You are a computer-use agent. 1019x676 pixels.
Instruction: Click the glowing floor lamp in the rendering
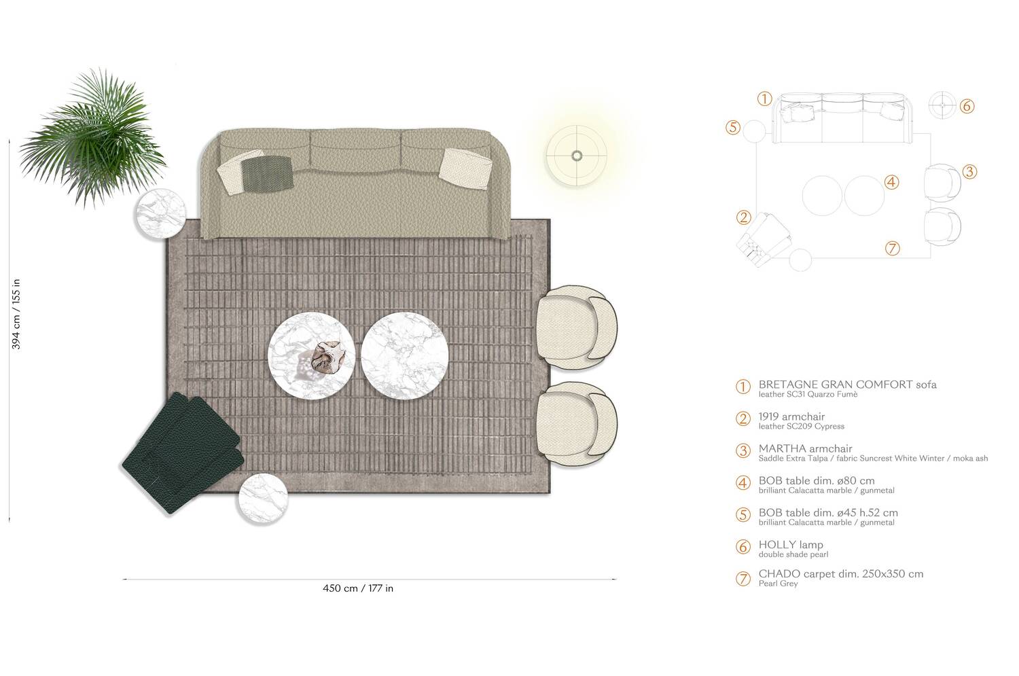tap(577, 156)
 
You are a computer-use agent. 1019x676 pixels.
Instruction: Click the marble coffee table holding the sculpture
tap(312, 352)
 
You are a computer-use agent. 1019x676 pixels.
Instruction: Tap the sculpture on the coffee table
tap(328, 356)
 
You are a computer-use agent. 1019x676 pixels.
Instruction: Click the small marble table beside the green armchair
tap(262, 499)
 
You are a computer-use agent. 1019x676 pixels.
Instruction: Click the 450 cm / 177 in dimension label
tap(358, 588)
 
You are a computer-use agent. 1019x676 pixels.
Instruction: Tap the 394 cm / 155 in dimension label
tap(17, 314)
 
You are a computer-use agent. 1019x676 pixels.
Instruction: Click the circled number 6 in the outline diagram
tap(967, 107)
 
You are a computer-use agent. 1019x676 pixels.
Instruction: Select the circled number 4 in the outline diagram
tap(892, 182)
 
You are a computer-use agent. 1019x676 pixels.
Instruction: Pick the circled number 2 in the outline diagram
tap(744, 217)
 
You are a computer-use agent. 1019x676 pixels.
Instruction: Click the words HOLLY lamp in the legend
tap(791, 545)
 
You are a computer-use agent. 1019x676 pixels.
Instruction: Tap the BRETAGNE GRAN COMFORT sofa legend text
tap(847, 385)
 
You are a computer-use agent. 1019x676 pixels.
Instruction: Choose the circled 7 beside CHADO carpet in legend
tap(743, 578)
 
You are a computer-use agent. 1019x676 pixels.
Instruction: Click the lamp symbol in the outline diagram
tap(942, 105)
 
